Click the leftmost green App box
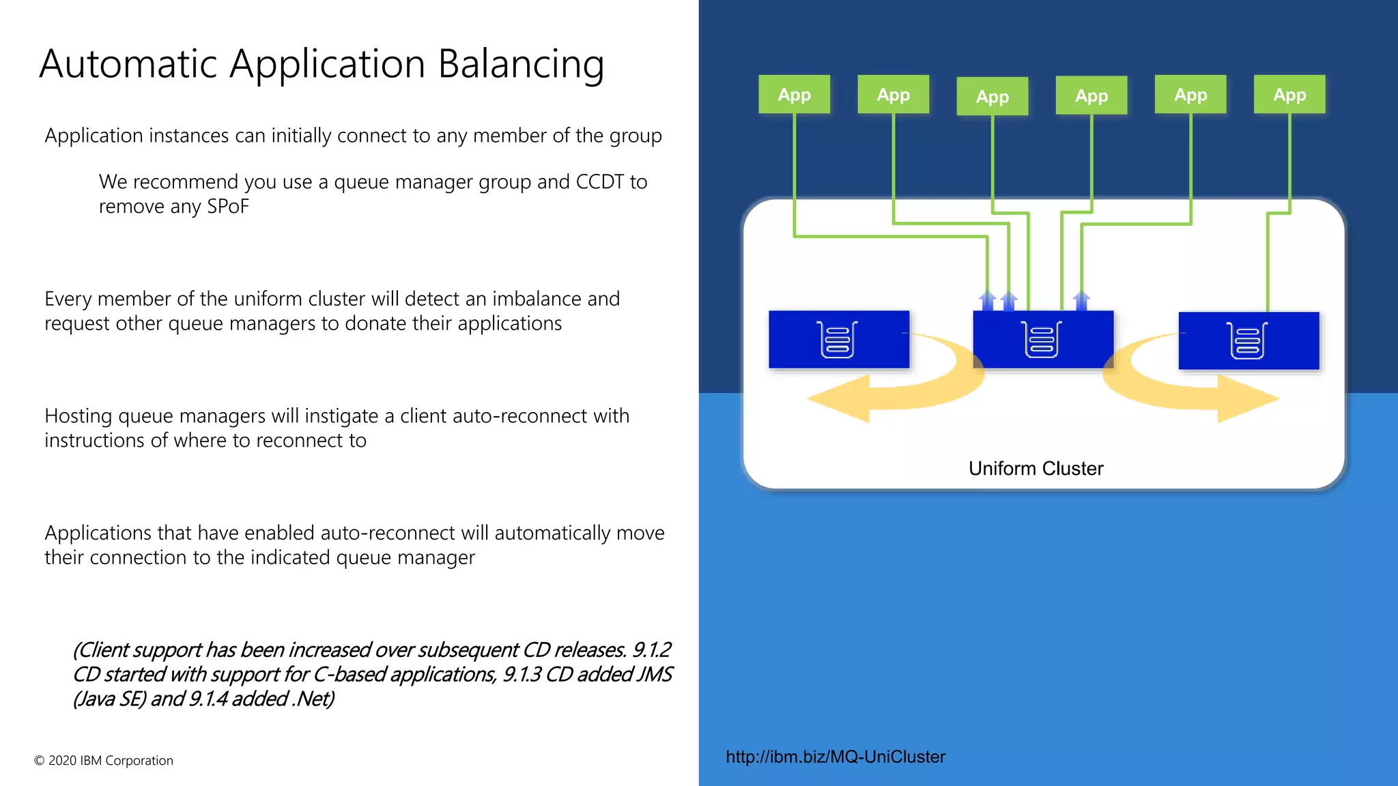794,94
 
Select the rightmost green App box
1289,94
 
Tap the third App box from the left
992,96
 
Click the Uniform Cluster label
1036,469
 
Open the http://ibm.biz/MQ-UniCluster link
835,757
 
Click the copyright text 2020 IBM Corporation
104,761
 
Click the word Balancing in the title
520,64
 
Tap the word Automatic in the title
128,64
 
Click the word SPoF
227,207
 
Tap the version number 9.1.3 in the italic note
522,675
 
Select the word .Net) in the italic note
313,699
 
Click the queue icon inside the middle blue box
1042,339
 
